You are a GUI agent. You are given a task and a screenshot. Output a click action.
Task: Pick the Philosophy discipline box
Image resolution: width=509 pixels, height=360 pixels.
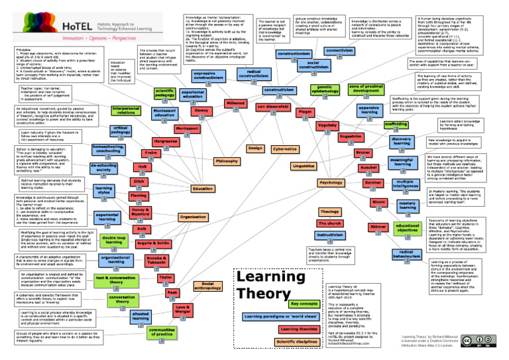pyautogui.click(x=227, y=161)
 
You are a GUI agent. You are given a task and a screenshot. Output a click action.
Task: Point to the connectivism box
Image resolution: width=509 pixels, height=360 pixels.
pyautogui.click(x=339, y=50)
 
